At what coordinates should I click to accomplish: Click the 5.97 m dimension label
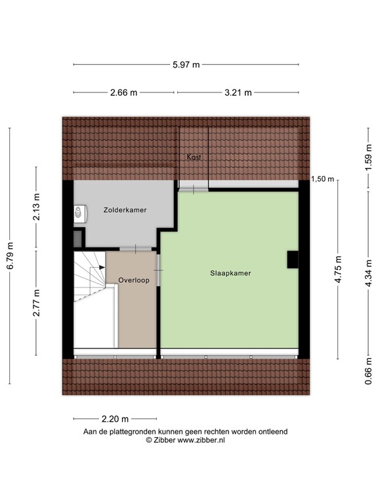point(186,64)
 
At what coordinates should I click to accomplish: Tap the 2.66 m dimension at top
point(124,93)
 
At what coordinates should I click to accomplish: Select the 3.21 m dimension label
point(238,93)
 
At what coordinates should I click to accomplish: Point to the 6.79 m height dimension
point(10,255)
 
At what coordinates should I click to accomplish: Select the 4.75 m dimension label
point(339,270)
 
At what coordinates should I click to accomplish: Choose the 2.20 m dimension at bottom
point(115,419)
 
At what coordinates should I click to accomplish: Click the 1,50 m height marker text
point(323,179)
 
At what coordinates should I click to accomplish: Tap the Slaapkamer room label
point(231,272)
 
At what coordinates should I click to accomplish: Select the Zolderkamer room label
point(125,210)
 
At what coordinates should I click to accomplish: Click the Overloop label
point(134,280)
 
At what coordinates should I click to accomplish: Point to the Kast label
point(194,157)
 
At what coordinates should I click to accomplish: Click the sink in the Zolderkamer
point(79,213)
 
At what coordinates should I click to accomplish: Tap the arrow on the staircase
point(100,267)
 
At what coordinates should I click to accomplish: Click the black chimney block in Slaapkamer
point(292,260)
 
